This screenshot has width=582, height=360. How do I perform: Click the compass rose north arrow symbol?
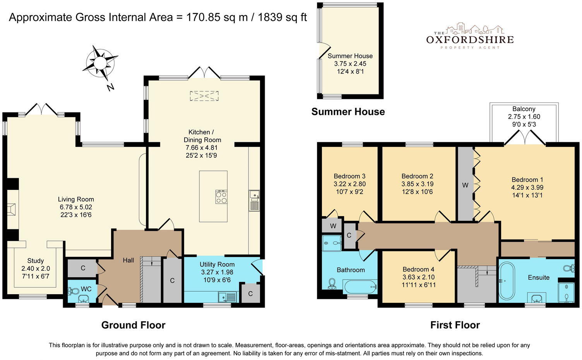[100, 63]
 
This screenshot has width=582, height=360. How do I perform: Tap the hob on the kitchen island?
[221, 197]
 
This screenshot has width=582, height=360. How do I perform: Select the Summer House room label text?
[350, 56]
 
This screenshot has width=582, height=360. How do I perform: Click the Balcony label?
[524, 109]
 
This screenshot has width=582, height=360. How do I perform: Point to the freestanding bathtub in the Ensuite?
[507, 281]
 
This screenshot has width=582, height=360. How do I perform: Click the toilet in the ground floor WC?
[73, 291]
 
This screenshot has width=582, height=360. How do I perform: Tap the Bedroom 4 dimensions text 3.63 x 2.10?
[418, 277]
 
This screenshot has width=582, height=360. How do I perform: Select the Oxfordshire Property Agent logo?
[470, 36]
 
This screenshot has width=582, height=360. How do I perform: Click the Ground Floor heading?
[133, 325]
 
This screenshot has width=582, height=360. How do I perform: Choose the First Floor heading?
[455, 325]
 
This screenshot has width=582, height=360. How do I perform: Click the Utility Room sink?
[228, 297]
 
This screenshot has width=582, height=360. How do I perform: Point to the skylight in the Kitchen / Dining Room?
[204, 96]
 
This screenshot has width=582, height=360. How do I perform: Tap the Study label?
[35, 261]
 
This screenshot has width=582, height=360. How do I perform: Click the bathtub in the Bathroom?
[360, 287]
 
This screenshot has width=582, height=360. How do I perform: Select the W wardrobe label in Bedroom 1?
[465, 185]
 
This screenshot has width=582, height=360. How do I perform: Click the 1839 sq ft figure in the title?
[282, 17]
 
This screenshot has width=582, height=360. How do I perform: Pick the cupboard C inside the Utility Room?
[250, 293]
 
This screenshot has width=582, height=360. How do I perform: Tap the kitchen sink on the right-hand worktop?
[254, 200]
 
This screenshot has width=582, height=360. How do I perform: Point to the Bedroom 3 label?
[349, 176]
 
